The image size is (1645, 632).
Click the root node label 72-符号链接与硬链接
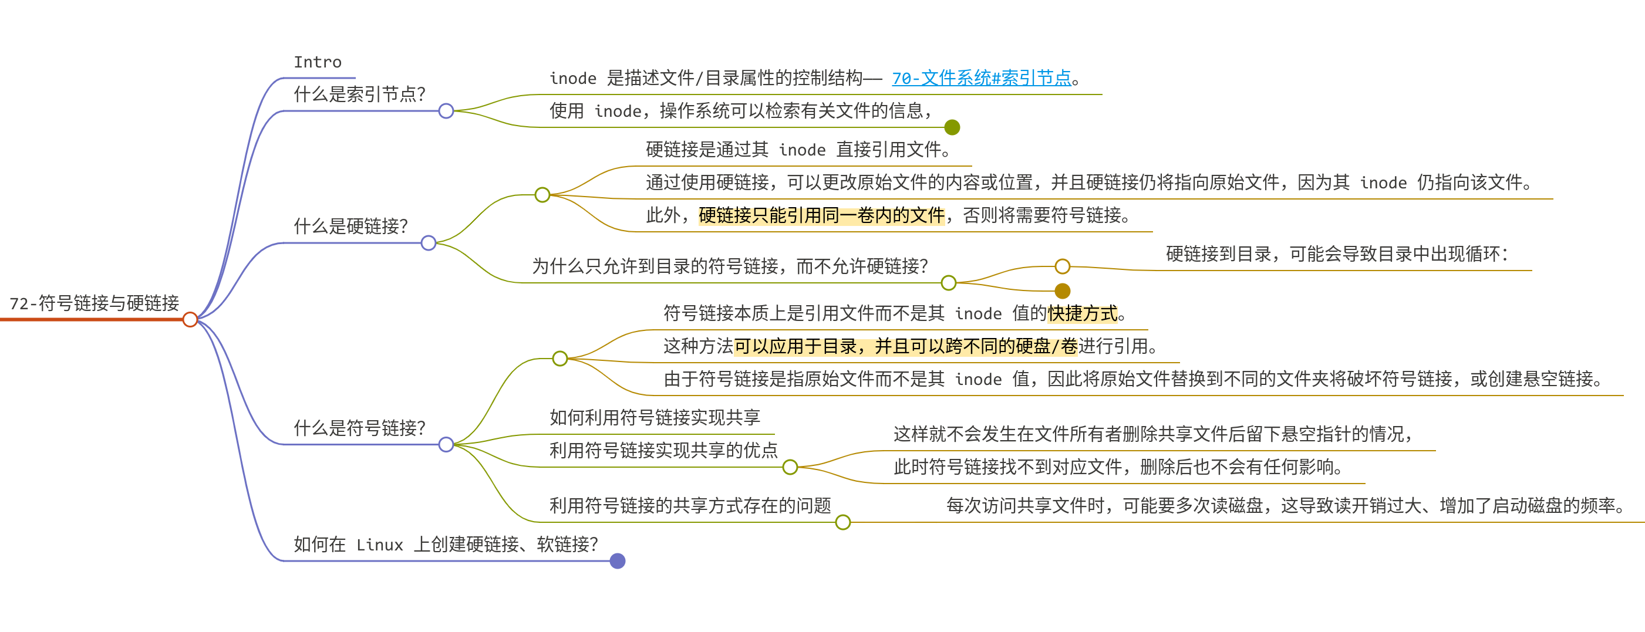(x=94, y=303)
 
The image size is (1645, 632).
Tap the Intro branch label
(x=318, y=62)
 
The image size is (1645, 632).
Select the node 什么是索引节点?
(x=359, y=94)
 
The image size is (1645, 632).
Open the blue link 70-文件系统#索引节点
(x=981, y=78)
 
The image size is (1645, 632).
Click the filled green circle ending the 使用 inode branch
(x=952, y=128)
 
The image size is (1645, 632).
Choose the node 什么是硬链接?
(x=350, y=226)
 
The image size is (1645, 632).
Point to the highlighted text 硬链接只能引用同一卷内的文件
(x=821, y=216)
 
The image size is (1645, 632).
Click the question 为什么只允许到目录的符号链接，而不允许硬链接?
(x=729, y=266)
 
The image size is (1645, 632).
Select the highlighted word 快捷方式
(x=1083, y=313)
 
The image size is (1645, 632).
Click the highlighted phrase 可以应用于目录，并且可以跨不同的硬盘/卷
(x=905, y=347)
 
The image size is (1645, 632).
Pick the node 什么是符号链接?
(x=359, y=428)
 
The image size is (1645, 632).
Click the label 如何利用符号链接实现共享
(x=655, y=417)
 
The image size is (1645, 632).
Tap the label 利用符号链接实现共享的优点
(x=663, y=451)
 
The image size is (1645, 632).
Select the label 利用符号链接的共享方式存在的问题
(x=690, y=506)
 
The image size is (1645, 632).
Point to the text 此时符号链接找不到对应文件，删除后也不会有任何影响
(x=1118, y=467)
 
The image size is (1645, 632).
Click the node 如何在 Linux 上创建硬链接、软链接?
(x=445, y=545)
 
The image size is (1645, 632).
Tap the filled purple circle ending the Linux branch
(x=617, y=561)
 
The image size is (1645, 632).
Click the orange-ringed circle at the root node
(x=190, y=319)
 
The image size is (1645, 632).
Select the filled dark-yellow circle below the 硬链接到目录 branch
(x=1062, y=291)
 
